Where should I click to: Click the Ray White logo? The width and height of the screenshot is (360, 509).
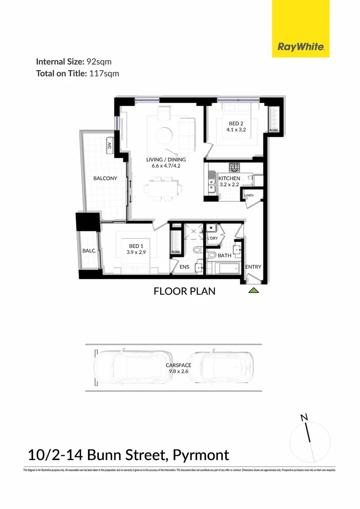point(301,47)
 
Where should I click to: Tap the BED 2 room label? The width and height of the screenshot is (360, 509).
point(237,123)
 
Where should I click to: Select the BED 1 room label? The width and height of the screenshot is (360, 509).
point(136,246)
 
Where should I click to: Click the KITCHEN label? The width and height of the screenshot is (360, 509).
point(229,179)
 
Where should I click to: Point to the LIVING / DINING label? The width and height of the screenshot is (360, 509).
point(166,160)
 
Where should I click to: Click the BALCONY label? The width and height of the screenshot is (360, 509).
point(105,179)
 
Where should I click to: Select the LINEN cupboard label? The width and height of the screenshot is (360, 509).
point(249,195)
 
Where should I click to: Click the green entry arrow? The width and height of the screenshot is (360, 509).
point(254,291)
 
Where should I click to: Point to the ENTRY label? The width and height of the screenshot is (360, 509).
point(253,267)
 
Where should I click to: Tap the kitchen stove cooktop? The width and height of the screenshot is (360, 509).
point(234,167)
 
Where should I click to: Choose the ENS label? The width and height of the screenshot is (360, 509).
point(185,267)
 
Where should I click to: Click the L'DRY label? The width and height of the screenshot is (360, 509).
point(213,238)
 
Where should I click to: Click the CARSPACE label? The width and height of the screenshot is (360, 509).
point(178,365)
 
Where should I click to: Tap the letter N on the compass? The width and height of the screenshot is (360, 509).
point(304,417)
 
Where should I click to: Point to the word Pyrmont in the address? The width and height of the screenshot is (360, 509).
point(201,455)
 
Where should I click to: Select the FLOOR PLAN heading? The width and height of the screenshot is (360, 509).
point(184,291)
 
